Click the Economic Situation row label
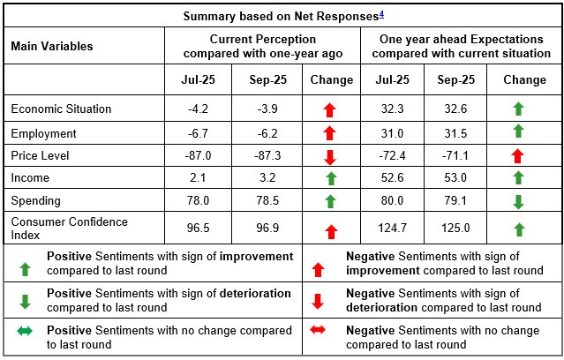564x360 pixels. point(61,109)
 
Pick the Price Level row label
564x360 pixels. point(41,154)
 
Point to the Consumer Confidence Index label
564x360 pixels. point(69,228)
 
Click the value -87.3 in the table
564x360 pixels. point(263,154)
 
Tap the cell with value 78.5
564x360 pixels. point(263,201)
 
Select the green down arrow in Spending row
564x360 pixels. point(519,202)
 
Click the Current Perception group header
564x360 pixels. point(262,47)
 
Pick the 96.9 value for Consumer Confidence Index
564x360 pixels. point(263,228)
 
